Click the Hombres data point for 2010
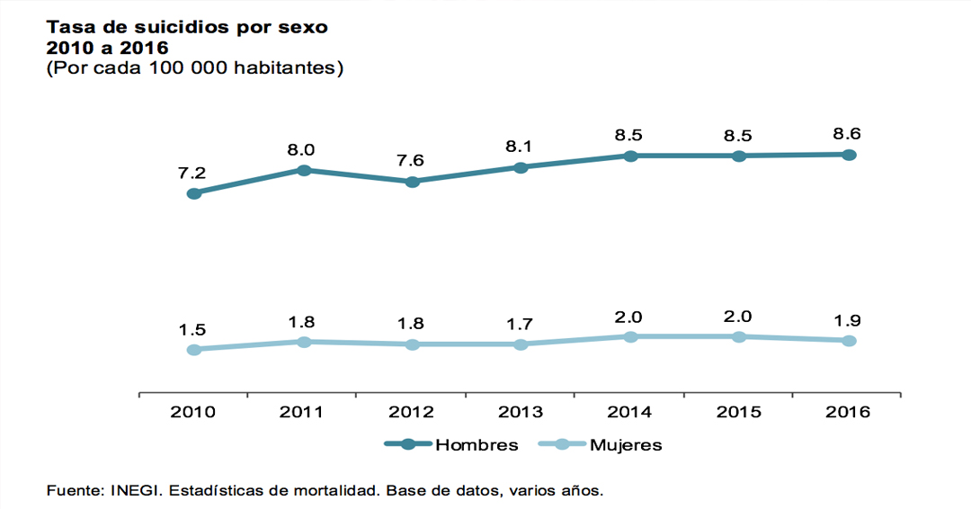194,193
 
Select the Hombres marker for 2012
413,182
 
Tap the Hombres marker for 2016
849,155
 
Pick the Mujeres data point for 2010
194,349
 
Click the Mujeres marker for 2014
630,336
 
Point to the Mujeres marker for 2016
849,341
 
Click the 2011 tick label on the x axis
302,412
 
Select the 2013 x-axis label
520,412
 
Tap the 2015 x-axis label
738,412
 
